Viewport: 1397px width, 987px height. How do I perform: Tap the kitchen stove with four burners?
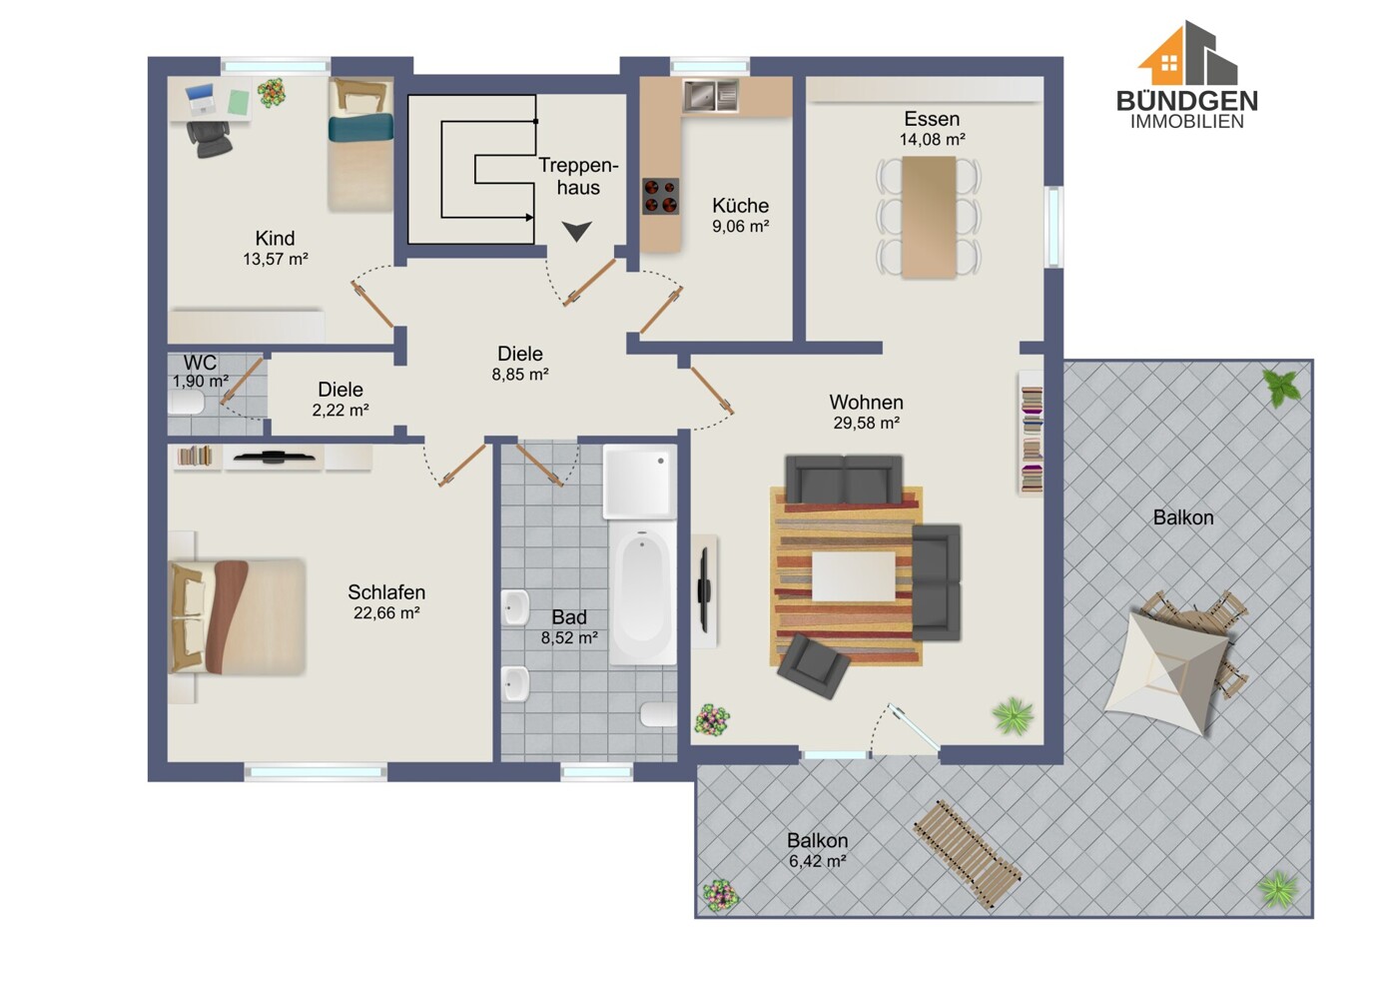tap(660, 196)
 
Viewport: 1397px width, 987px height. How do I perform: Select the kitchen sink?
tap(710, 96)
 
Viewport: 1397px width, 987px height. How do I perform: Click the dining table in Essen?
tap(929, 217)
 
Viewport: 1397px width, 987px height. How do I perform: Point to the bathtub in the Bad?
tap(642, 593)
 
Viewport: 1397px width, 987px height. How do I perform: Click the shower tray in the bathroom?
tap(639, 482)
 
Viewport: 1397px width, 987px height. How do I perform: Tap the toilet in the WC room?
tap(187, 403)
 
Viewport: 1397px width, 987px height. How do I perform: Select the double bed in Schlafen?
tap(237, 616)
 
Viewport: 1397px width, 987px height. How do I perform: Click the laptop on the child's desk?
tap(200, 100)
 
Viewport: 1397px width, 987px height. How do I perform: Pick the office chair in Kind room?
tap(210, 139)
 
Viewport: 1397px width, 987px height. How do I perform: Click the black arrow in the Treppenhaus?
tap(576, 231)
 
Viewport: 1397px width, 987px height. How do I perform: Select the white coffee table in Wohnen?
tap(853, 577)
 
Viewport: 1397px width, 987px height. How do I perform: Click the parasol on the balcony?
tap(1166, 672)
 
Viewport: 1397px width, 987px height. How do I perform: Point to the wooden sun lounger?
tap(967, 853)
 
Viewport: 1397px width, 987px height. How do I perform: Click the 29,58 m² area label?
tap(867, 423)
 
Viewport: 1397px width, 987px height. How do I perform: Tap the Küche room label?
tap(740, 205)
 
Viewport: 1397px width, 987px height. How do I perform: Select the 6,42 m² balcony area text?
tap(817, 861)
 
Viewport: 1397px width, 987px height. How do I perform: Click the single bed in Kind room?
tap(360, 144)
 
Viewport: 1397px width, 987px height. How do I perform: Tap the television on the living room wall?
tap(704, 589)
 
